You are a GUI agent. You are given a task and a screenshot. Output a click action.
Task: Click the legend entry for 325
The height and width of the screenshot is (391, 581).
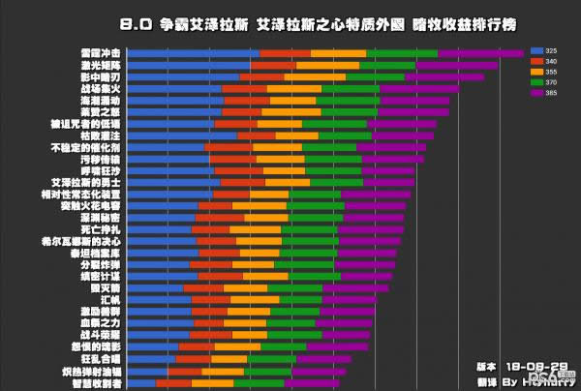(x=548, y=49)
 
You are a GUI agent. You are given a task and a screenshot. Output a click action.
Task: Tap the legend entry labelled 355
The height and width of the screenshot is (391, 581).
(x=548, y=72)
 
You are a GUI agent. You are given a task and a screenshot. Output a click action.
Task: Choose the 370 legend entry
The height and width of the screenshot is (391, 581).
(x=548, y=82)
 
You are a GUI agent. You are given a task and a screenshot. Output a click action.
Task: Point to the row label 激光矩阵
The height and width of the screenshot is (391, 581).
(x=102, y=65)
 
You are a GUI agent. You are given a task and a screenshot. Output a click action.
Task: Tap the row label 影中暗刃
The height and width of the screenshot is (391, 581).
(x=102, y=76)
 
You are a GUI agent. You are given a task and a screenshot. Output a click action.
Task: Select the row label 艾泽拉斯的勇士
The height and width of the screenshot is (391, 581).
(x=86, y=182)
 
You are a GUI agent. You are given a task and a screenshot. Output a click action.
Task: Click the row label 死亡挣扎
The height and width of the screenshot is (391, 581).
(x=102, y=228)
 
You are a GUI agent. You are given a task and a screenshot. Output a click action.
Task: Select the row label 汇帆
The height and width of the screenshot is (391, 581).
(x=109, y=299)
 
